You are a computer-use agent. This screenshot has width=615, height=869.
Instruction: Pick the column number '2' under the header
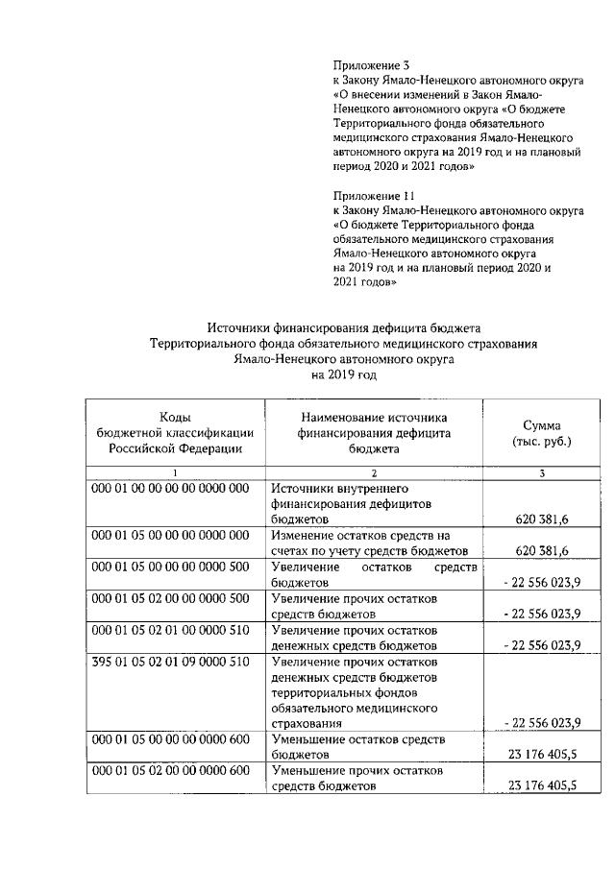(374, 472)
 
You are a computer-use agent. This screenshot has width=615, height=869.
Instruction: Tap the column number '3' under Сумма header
(542, 472)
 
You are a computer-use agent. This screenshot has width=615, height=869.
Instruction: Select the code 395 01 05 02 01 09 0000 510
(170, 663)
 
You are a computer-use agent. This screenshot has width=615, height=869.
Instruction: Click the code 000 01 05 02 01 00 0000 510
(170, 630)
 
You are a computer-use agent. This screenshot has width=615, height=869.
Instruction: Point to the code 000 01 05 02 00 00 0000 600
(170, 771)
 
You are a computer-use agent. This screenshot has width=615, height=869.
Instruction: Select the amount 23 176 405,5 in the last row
(542, 786)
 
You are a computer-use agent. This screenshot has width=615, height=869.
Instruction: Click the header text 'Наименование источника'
(374, 418)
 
